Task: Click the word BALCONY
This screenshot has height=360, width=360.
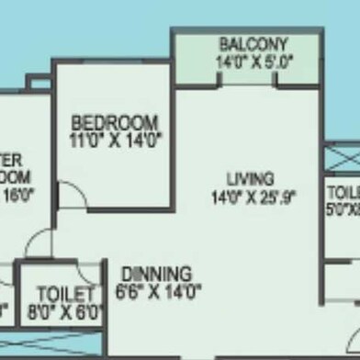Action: click(x=253, y=44)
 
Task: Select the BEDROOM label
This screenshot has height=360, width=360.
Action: click(x=115, y=121)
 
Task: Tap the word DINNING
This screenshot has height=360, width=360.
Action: click(x=155, y=274)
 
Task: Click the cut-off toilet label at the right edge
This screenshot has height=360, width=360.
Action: click(x=345, y=193)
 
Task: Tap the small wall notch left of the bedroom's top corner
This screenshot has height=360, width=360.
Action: click(x=39, y=84)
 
